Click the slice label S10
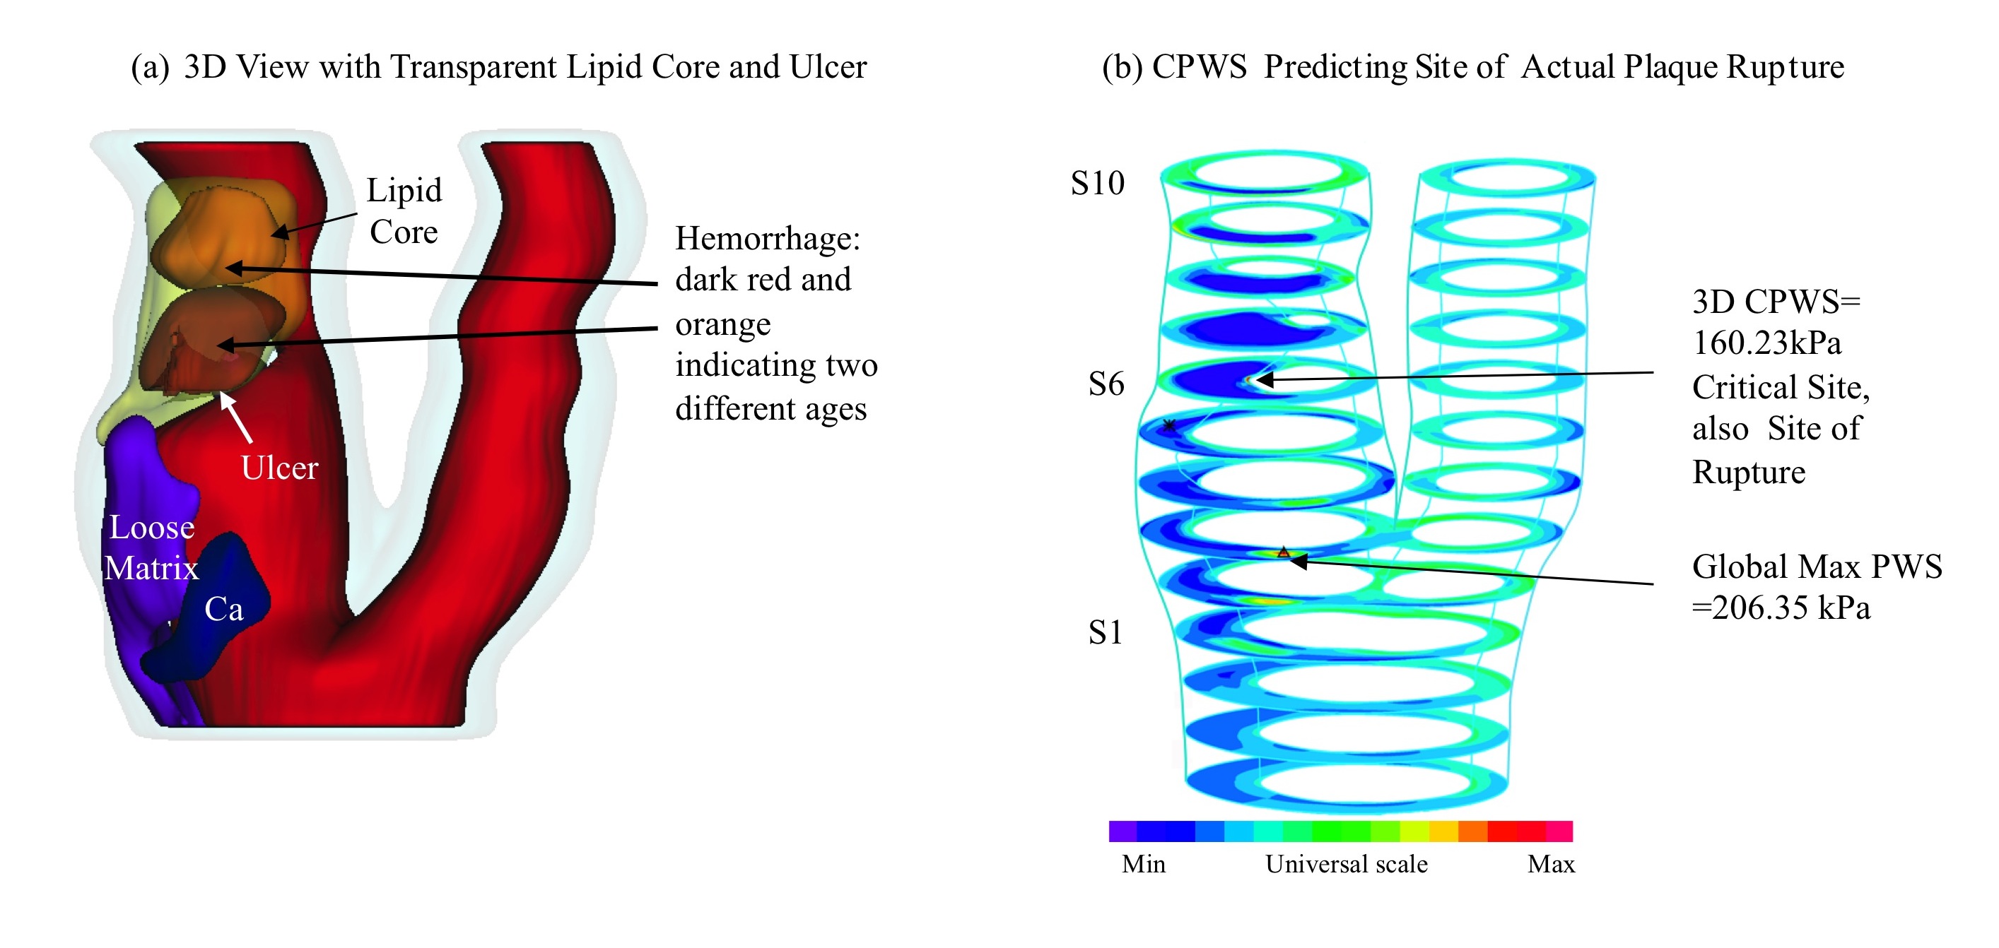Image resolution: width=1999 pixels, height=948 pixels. tap(1097, 183)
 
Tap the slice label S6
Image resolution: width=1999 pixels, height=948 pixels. tap(1106, 384)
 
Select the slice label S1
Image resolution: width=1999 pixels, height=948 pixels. tap(1105, 632)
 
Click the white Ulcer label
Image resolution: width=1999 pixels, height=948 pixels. tap(279, 468)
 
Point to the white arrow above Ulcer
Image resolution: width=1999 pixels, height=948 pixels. tap(236, 417)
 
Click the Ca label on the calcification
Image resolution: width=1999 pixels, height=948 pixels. tap(223, 609)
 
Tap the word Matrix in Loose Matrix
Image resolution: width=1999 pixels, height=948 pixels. tap(151, 568)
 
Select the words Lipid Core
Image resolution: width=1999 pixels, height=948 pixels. tap(404, 211)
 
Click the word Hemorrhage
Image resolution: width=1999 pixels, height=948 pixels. tap(768, 239)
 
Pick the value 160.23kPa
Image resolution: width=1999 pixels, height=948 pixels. tap(1767, 343)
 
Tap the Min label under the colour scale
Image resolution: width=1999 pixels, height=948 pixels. tap(1143, 863)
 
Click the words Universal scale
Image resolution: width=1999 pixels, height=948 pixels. tap(1347, 863)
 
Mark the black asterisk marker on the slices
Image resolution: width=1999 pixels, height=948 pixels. tap(1168, 425)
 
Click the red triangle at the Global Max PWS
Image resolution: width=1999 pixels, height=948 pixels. tap(1284, 552)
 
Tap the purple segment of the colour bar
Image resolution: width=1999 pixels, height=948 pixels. tap(1123, 831)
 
